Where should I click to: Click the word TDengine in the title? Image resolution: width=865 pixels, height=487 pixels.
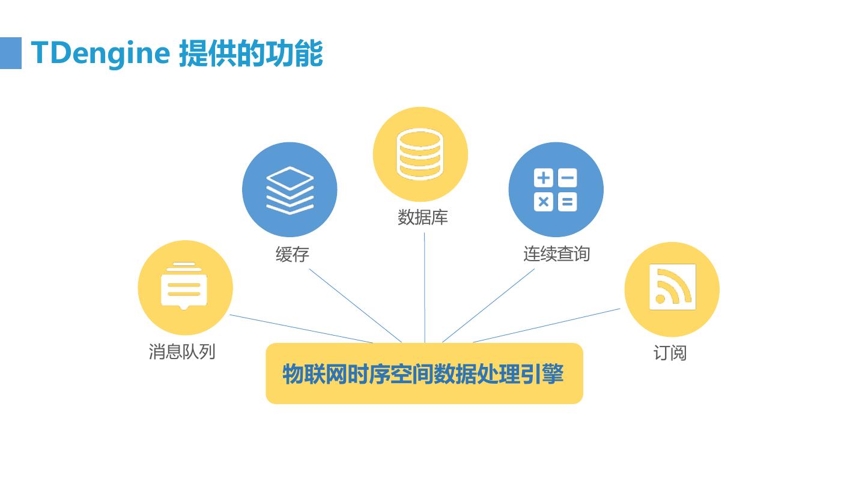(x=100, y=53)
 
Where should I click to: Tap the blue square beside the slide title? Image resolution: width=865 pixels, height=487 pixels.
(x=10, y=53)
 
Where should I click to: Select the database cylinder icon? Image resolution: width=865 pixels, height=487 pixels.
(x=420, y=153)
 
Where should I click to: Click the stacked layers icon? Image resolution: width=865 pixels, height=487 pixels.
(x=290, y=190)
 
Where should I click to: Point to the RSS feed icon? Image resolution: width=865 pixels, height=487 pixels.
(x=672, y=288)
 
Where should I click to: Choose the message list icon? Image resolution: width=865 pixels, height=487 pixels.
(x=184, y=286)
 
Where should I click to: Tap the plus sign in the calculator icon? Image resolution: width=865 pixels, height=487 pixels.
(x=543, y=178)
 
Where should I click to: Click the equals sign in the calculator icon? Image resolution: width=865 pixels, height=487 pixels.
(x=567, y=201)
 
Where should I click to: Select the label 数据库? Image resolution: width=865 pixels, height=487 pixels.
(x=423, y=217)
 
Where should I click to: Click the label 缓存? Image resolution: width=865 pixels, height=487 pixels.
(x=293, y=255)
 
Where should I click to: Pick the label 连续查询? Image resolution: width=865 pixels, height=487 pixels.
(x=556, y=254)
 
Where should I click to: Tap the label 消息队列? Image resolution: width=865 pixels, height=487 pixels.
(x=182, y=351)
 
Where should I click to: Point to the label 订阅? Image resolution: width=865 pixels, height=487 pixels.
(x=670, y=352)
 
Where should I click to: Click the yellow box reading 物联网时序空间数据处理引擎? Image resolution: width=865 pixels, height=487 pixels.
(x=424, y=374)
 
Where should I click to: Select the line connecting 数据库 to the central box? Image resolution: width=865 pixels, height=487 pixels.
(x=425, y=288)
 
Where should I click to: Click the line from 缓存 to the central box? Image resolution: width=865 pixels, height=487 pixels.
(x=354, y=305)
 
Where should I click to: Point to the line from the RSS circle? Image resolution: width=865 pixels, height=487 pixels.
(x=547, y=325)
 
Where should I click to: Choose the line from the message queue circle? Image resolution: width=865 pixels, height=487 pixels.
(x=300, y=328)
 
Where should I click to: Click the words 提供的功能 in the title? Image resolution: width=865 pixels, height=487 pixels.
(x=250, y=53)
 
